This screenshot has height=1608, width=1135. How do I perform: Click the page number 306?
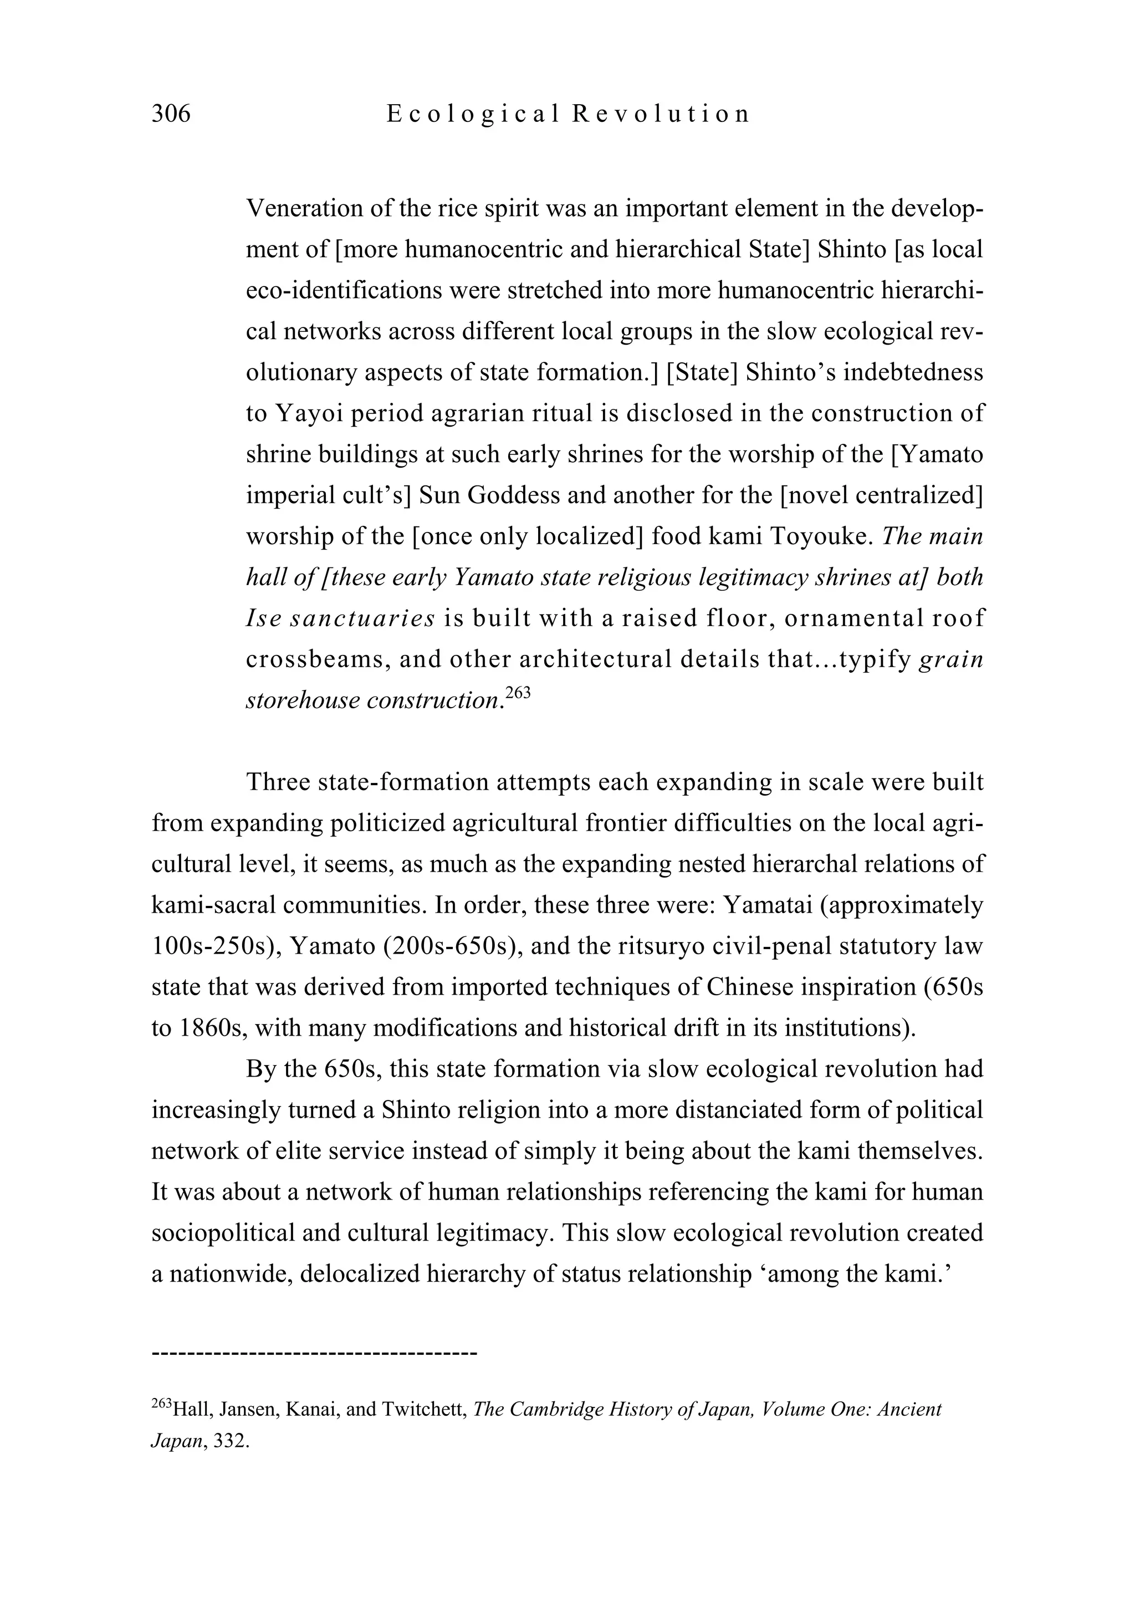click(171, 114)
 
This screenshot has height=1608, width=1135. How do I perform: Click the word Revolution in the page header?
click(661, 114)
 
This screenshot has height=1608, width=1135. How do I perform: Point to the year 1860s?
click(212, 1028)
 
